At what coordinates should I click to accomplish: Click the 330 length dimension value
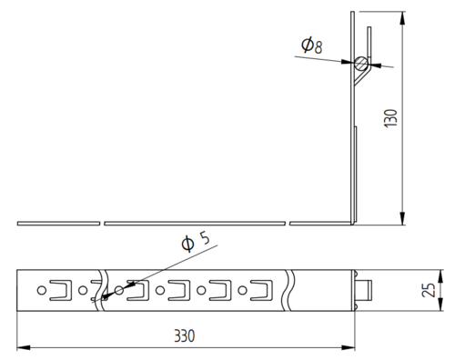(185, 336)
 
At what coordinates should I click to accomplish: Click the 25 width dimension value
(429, 290)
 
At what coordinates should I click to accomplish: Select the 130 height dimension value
(390, 118)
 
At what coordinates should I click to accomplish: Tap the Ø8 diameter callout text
(311, 45)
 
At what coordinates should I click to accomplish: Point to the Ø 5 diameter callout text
(195, 242)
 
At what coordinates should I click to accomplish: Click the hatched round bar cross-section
(361, 64)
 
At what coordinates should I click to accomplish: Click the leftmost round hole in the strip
(42, 290)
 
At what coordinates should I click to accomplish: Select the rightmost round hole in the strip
(242, 290)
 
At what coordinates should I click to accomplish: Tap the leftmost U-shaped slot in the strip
(61, 290)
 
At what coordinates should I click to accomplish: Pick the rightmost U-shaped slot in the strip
(261, 290)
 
